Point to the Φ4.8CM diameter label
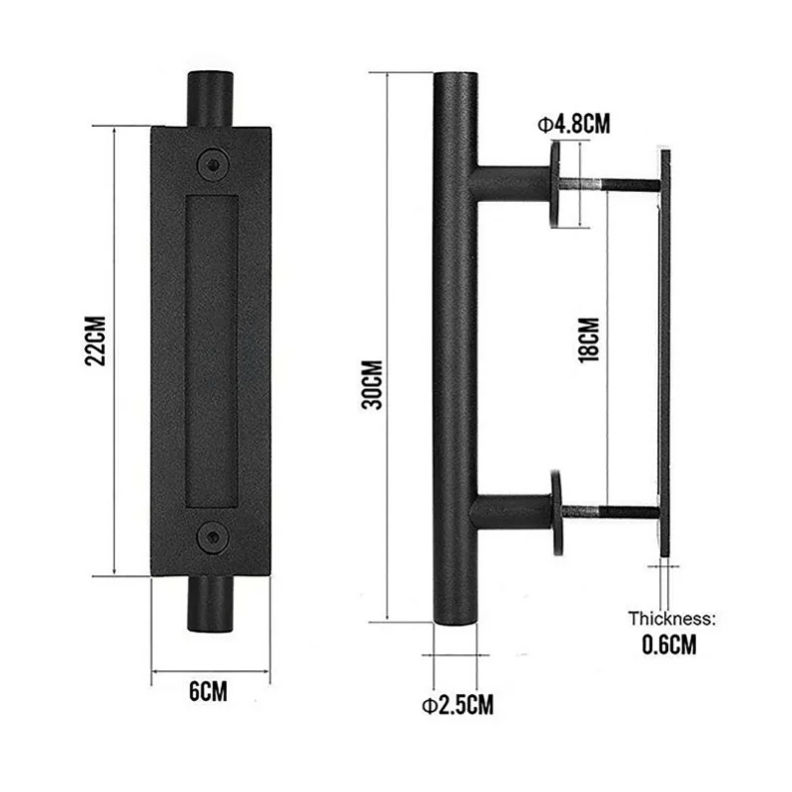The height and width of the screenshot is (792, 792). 572,124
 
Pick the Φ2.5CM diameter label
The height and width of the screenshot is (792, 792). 457,705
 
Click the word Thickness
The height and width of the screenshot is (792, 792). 670,619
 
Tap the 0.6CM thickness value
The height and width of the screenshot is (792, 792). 670,645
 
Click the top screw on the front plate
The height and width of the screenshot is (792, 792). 210,164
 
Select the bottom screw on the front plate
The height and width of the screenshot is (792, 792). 210,538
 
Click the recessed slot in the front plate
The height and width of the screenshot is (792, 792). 210,350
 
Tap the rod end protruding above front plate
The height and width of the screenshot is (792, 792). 210,99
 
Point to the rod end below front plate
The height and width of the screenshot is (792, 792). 210,604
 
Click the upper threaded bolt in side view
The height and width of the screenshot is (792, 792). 609,185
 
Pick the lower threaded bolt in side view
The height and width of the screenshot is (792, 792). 609,512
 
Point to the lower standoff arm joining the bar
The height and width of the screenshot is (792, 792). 510,512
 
